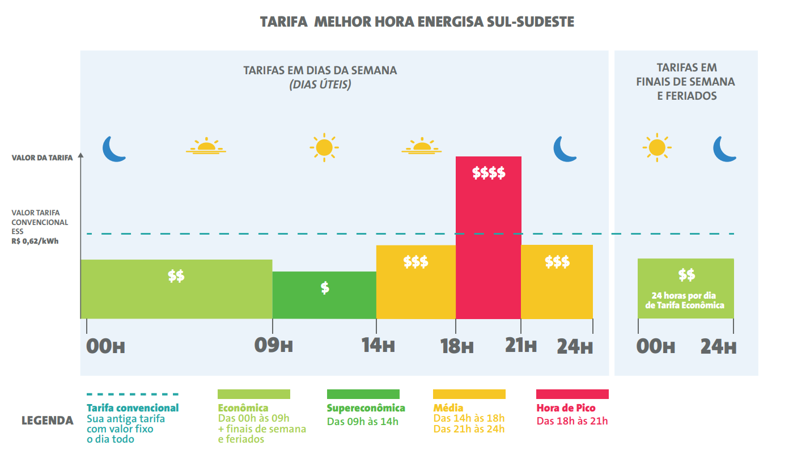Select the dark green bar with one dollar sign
coord(324,295)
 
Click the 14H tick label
coord(378,346)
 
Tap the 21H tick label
coord(520,346)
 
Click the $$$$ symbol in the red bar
coord(489,173)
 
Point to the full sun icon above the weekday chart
coord(324,147)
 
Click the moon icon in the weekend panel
coord(724,148)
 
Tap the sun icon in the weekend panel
coord(656,148)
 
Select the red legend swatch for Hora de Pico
coord(572,394)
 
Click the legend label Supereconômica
coord(366,408)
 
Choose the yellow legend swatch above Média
coord(469,394)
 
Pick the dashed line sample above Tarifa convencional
coord(132,394)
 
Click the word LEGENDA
coord(47,421)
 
